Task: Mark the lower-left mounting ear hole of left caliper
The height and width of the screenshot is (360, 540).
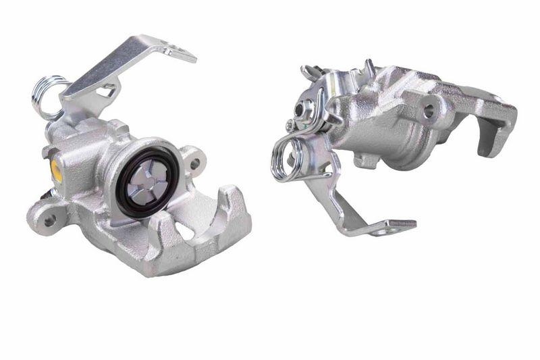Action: pos(49,220)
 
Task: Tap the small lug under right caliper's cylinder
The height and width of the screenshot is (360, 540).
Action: pos(365,161)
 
